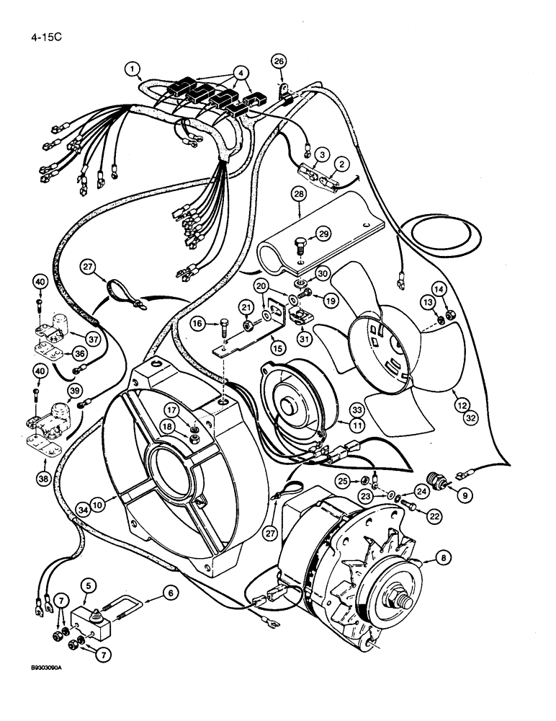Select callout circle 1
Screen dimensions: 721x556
(132, 69)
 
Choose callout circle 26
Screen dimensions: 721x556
(279, 62)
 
